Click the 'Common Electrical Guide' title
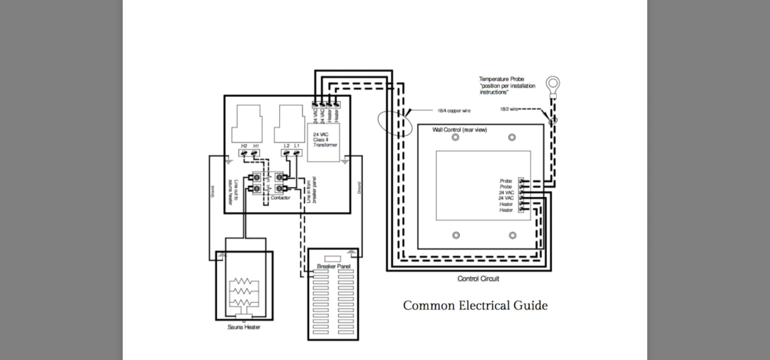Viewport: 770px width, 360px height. (x=475, y=305)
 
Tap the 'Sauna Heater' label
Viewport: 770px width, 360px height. (x=244, y=327)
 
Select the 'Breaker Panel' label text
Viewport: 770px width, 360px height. (x=333, y=266)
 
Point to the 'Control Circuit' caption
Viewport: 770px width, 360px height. (x=478, y=279)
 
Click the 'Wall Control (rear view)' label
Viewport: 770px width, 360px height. (x=459, y=130)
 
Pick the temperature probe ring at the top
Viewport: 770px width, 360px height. (x=553, y=83)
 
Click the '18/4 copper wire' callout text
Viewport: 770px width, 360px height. (x=453, y=111)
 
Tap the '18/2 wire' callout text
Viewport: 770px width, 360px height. (x=508, y=109)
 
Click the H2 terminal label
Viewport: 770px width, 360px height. (x=244, y=146)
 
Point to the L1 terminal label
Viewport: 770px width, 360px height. (x=297, y=146)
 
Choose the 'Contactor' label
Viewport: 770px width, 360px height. (x=280, y=197)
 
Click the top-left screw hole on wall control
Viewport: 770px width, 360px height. (x=455, y=137)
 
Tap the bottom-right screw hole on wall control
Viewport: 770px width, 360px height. (x=512, y=235)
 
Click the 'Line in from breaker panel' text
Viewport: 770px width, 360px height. (x=311, y=190)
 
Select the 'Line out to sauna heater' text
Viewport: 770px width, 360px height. (x=233, y=192)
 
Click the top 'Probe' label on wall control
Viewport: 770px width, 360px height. (x=506, y=181)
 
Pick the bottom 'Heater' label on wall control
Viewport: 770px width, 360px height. (x=506, y=210)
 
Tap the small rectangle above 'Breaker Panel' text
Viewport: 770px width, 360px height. (x=333, y=259)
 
